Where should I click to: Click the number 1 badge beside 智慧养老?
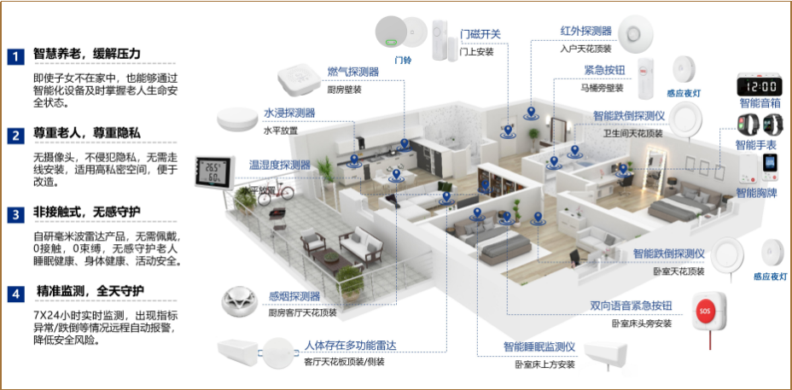15,57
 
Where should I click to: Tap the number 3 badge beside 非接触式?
15,214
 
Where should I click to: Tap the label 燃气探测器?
352,72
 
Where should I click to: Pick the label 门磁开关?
480,34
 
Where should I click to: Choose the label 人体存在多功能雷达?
350,346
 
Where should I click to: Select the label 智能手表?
758,146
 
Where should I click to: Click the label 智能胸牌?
757,193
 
